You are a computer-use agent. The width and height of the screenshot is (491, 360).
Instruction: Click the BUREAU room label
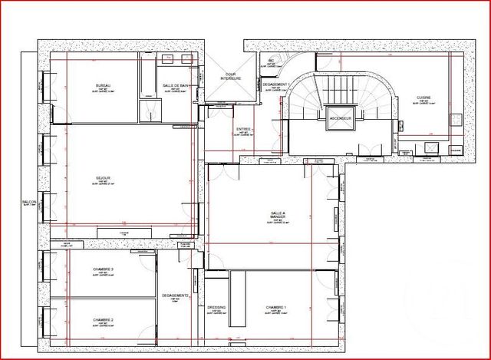[104, 84]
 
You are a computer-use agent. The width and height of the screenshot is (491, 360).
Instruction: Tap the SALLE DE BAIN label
[176, 86]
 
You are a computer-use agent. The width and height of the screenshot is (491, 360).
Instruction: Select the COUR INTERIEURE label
[229, 78]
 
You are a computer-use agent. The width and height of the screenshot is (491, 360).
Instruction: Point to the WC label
[270, 61]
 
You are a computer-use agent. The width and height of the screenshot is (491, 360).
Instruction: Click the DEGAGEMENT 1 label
[276, 84]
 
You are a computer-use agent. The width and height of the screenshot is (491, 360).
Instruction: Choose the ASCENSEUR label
[340, 120]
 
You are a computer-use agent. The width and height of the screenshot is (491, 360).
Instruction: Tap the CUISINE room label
[423, 97]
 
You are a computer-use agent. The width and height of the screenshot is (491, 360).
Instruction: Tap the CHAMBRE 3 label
[103, 269]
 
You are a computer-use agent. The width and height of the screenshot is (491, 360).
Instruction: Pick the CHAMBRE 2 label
[103, 319]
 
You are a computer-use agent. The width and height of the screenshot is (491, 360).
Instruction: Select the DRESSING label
[216, 307]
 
